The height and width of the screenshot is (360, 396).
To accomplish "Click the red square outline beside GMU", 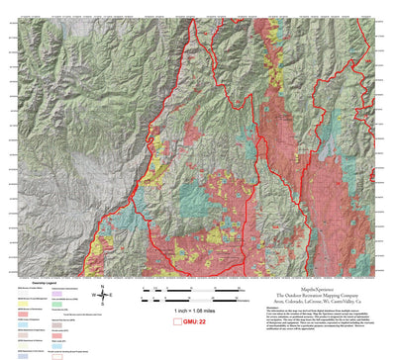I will (x=162, y=322).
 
